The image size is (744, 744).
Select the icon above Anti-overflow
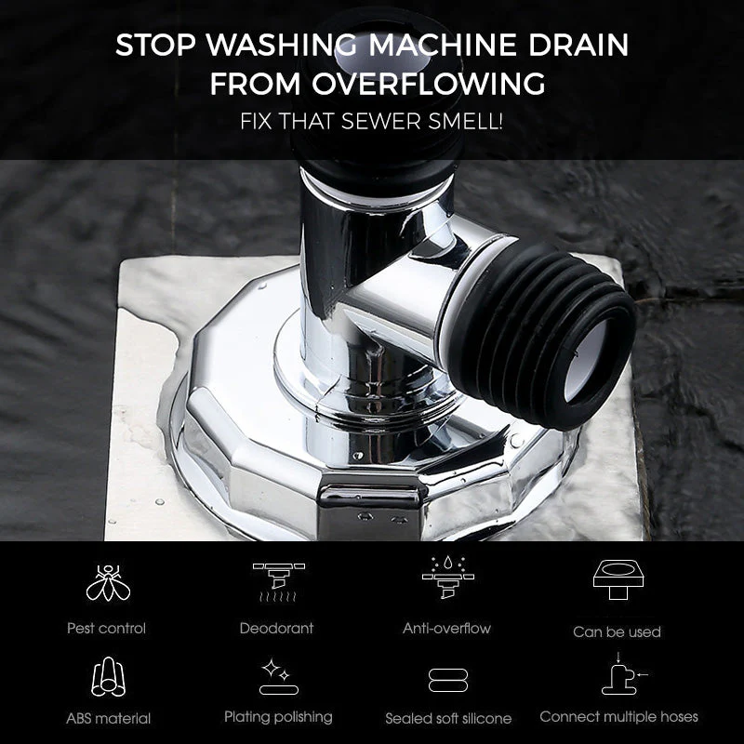coord(447,579)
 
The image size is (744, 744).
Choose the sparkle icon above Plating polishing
coord(277,676)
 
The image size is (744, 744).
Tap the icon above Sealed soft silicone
coord(447,680)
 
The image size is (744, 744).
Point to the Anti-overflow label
coord(446,629)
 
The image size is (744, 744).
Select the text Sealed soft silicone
coord(448,718)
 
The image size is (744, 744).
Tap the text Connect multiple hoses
coord(618,716)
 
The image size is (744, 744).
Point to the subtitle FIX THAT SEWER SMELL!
coord(372,120)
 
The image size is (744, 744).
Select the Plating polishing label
coord(278,716)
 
